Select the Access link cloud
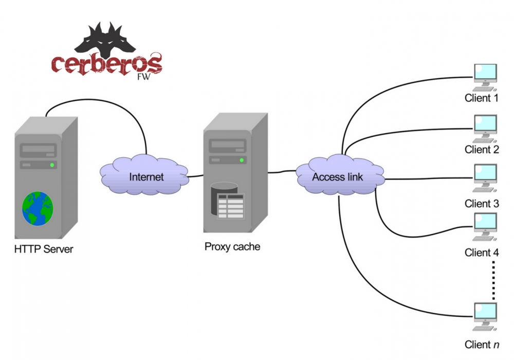coord(338,176)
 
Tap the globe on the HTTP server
coord(37,208)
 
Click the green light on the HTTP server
coord(52,165)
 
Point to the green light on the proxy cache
coord(241,160)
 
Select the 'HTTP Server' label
coord(44,250)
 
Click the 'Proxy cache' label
coord(232,247)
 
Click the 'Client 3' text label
coord(482,204)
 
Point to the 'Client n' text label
coord(482,345)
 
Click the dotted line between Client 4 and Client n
coord(493,280)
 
